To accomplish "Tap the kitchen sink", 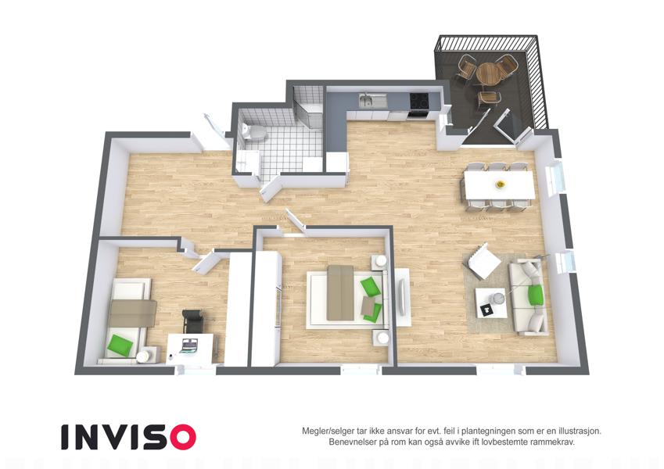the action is click(366, 101).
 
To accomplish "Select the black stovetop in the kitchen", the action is click(418, 101).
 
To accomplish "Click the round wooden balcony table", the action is click(488, 74).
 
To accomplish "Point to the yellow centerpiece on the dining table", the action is click(501, 184).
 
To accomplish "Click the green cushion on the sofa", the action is click(535, 295).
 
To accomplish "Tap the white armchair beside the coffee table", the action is click(483, 261).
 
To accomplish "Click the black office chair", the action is click(192, 320).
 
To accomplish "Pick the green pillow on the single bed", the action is click(120, 345).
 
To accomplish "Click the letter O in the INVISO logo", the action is click(182, 437).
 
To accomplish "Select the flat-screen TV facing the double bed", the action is click(402, 297).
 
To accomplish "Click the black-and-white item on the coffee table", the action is click(487, 310).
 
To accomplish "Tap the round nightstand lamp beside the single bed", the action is click(144, 356).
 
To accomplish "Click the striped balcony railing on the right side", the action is click(538, 83).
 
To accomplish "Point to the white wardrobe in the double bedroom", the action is click(266, 309).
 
